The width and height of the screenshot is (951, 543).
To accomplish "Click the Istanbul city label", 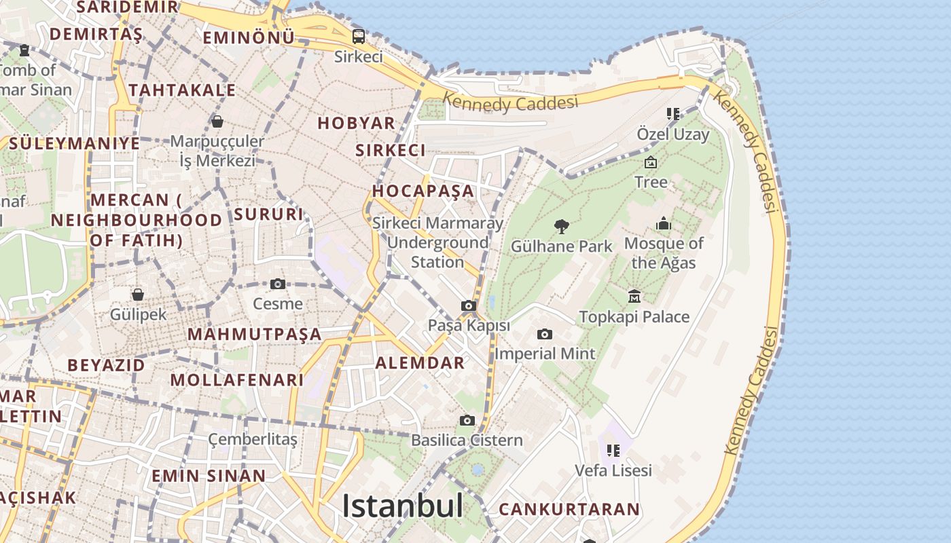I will tap(402, 506).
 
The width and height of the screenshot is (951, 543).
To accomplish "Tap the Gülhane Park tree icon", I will tap(561, 226).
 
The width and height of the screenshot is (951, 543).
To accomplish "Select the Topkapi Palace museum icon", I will tap(634, 296).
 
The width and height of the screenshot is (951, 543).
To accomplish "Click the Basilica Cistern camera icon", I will tap(467, 420).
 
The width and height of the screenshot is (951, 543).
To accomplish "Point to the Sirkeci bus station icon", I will tap(358, 37).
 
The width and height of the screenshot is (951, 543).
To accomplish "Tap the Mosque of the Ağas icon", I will tap(664, 223).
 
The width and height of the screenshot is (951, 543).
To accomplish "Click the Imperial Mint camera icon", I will tap(544, 334).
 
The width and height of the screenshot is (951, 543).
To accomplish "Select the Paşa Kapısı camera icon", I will tap(469, 305).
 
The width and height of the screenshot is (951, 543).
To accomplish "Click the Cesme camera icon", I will tap(277, 284).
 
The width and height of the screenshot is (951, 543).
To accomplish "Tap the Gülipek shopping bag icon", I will tap(138, 295).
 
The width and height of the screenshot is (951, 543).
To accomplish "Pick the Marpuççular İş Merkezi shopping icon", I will tap(217, 121).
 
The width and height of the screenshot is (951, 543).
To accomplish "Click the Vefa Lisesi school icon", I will tap(613, 450).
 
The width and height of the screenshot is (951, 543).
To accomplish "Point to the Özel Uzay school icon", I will tap(672, 113).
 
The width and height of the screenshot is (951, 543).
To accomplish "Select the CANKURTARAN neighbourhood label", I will tap(569, 509).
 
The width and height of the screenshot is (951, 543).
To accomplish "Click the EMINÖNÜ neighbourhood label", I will tap(249, 38).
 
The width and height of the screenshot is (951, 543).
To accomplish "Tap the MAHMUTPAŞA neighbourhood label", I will tap(254, 334).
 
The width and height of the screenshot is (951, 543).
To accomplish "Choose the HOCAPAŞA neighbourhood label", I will tap(423, 191).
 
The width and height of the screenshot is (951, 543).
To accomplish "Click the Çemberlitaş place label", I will tap(253, 439).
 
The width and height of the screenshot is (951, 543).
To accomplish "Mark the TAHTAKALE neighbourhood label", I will tap(182, 90).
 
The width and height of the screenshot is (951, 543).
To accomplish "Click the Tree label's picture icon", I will tap(651, 162).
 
